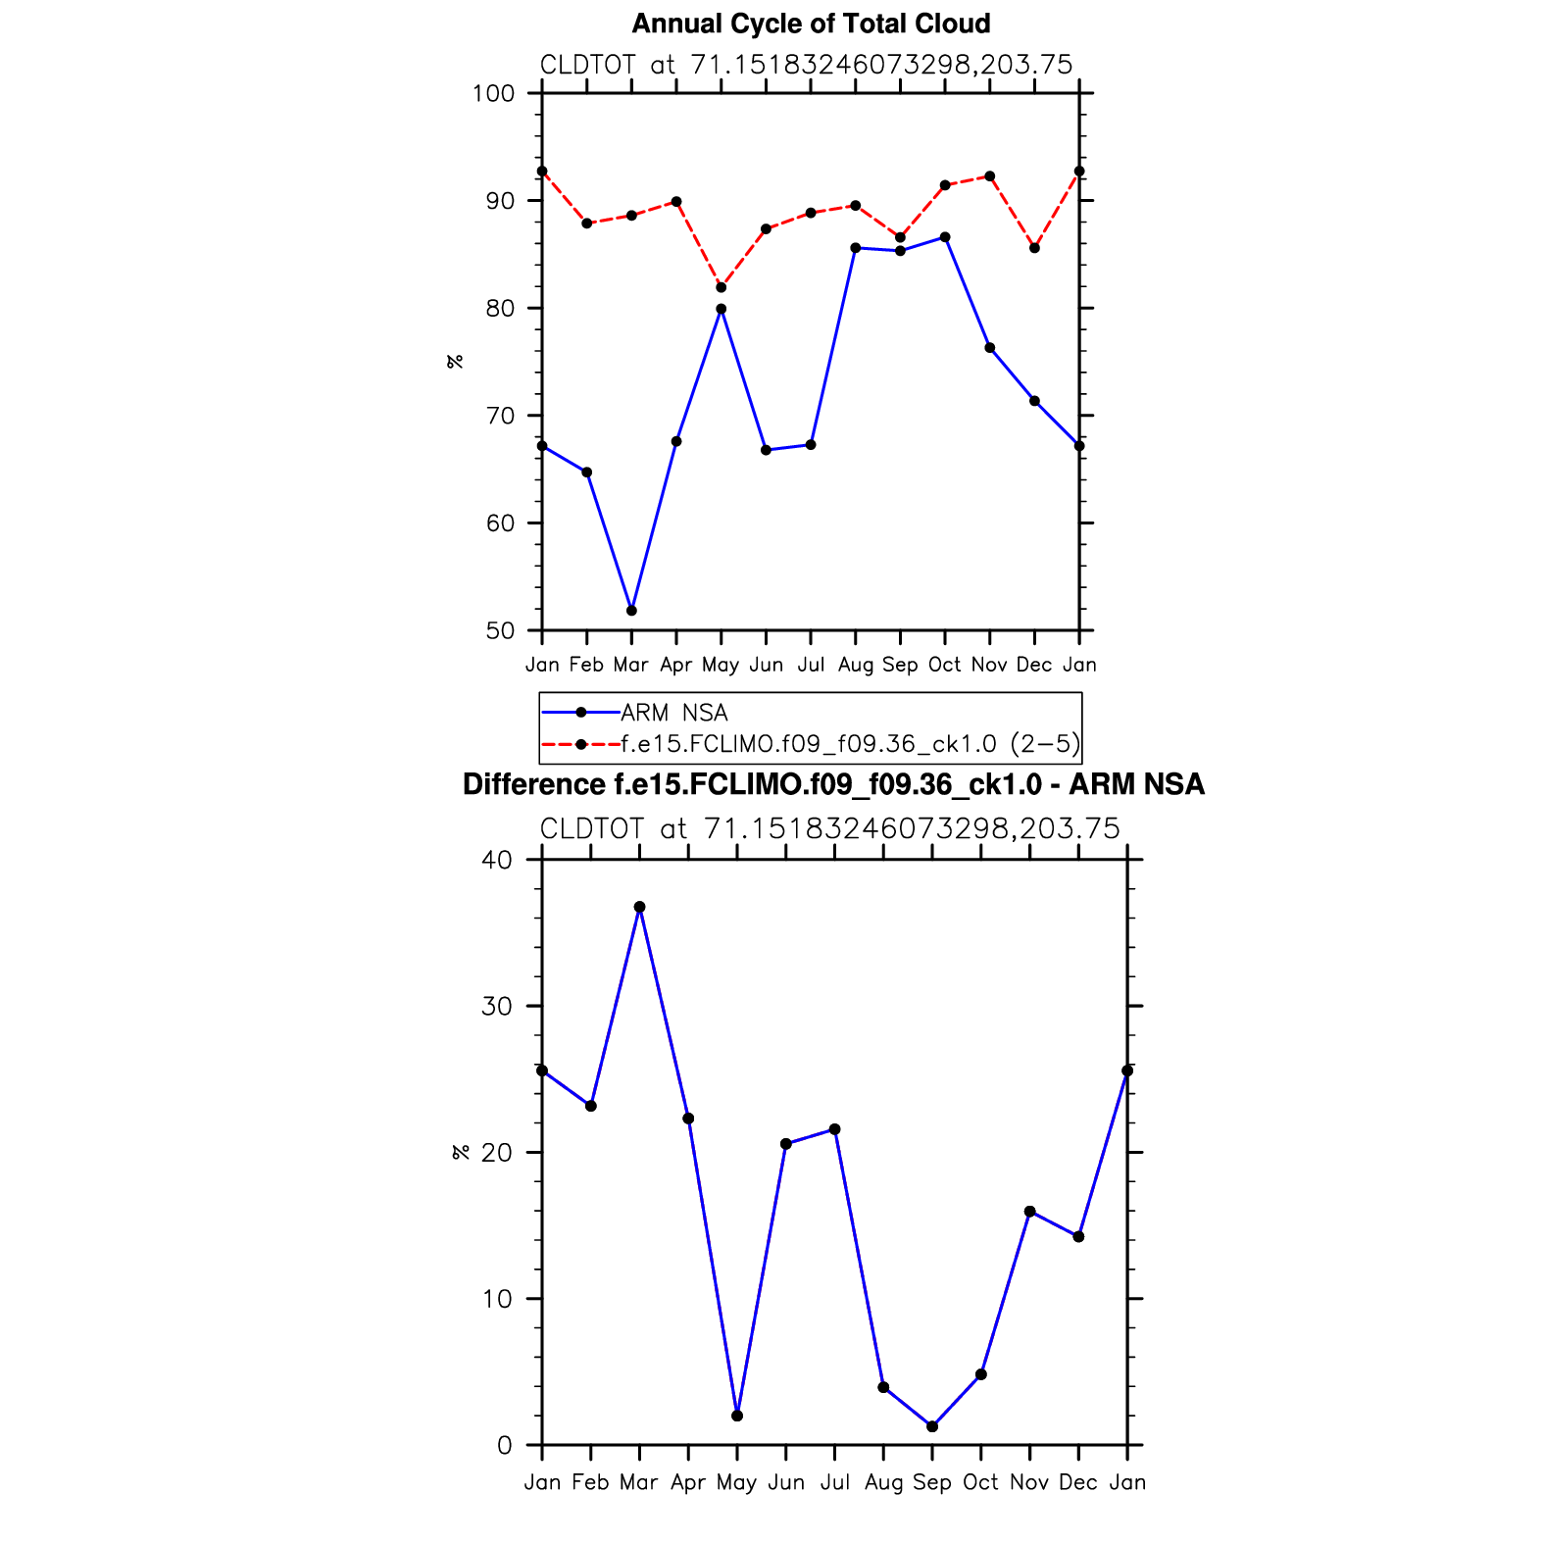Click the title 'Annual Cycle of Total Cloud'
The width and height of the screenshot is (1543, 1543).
811,24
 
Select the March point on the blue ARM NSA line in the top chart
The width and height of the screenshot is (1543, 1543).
631,611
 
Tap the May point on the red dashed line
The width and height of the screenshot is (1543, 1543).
722,287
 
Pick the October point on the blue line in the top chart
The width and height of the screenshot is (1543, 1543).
945,237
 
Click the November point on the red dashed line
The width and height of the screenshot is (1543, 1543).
990,176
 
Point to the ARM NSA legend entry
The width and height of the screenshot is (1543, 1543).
673,713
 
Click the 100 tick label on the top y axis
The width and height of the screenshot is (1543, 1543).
493,94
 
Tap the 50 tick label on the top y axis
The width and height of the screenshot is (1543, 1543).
499,631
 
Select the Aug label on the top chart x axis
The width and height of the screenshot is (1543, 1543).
856,665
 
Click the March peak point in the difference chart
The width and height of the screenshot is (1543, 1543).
640,907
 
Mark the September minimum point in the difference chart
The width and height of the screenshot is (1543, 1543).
932,1426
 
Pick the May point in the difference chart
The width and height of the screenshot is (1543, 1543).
737,1416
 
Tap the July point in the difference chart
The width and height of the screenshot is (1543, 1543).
834,1129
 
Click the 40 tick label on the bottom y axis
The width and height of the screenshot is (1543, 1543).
497,861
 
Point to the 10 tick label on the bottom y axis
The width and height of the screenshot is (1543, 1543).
497,1300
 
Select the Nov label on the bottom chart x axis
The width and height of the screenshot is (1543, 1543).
1029,1482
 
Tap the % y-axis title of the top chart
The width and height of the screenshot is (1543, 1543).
455,362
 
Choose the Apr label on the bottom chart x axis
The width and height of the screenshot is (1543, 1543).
688,1482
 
